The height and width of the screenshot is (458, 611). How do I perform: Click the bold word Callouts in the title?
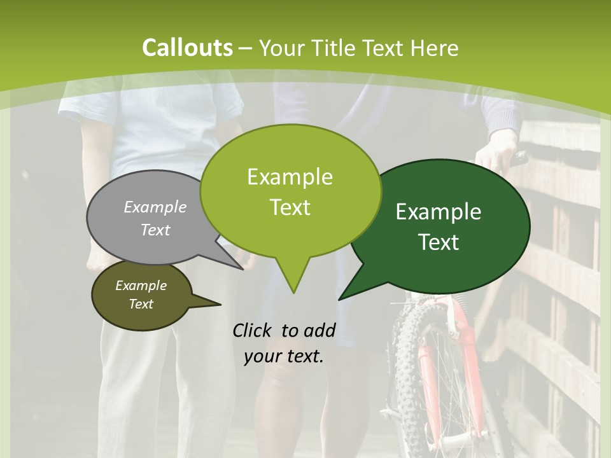(x=187, y=48)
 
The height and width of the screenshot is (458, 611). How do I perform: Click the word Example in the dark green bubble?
(x=439, y=212)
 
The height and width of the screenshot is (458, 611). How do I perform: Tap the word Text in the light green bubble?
(x=290, y=207)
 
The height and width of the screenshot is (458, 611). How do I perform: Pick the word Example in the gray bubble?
(x=155, y=207)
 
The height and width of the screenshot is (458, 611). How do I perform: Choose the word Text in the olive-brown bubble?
(x=141, y=304)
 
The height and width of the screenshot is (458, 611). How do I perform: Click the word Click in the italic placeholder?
(x=253, y=330)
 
